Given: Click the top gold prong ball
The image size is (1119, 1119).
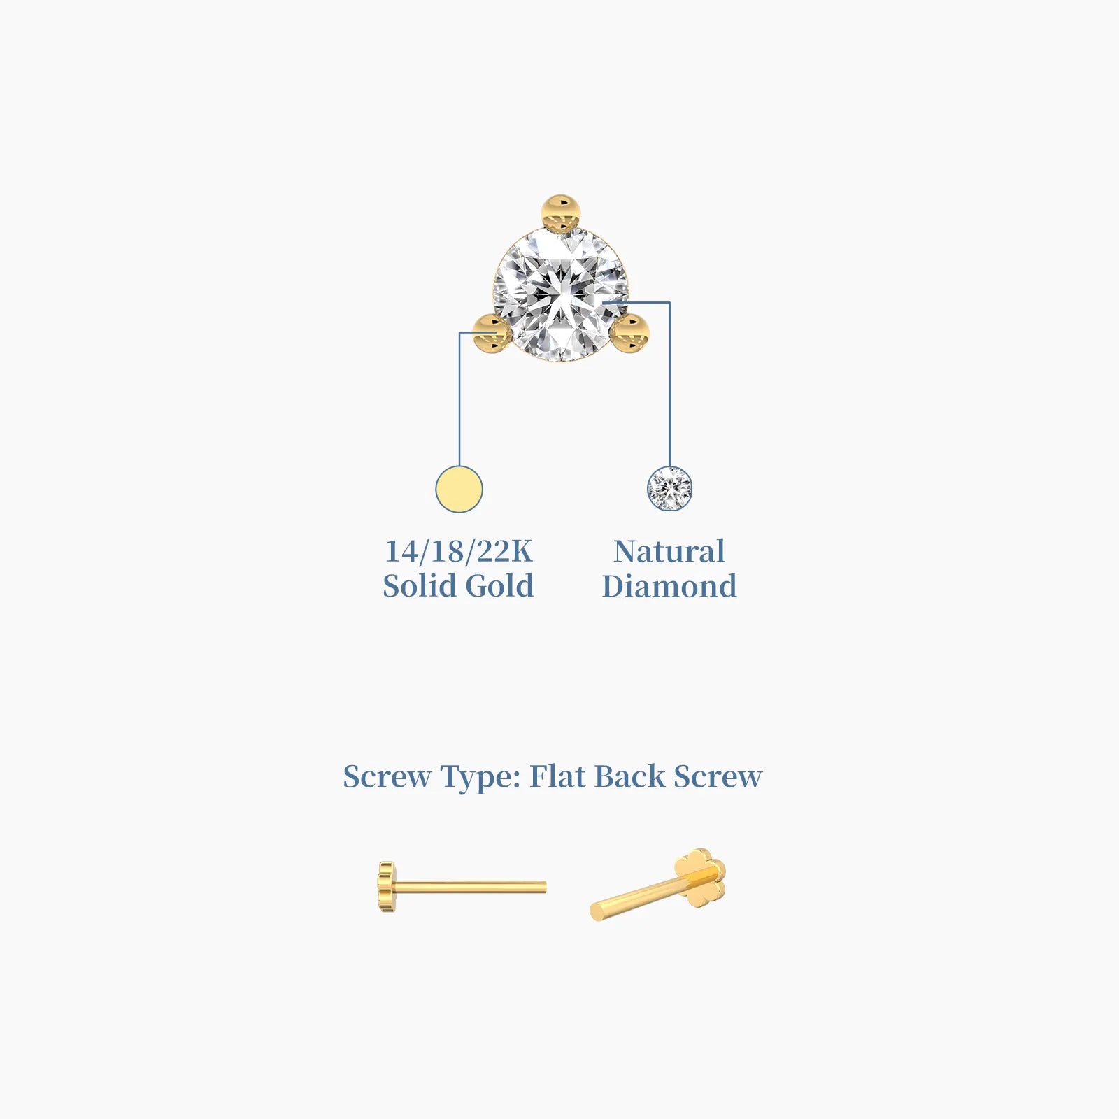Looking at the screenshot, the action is [561, 213].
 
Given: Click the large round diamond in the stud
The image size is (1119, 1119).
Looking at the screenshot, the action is [561, 294].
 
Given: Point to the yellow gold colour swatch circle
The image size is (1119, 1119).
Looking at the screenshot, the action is [459, 489].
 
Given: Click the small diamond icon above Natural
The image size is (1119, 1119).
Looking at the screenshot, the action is [669, 489].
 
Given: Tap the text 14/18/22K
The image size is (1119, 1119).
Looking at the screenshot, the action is [459, 551].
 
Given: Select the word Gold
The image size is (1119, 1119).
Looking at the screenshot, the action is [499, 585].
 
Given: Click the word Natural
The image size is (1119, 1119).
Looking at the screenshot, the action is [669, 551].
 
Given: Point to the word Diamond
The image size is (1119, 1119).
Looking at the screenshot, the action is [669, 586].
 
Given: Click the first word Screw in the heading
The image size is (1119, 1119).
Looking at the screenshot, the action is [387, 776].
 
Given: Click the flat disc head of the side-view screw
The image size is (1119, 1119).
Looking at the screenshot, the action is [386, 888].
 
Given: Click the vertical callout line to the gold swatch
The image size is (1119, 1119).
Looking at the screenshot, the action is [459, 399].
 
